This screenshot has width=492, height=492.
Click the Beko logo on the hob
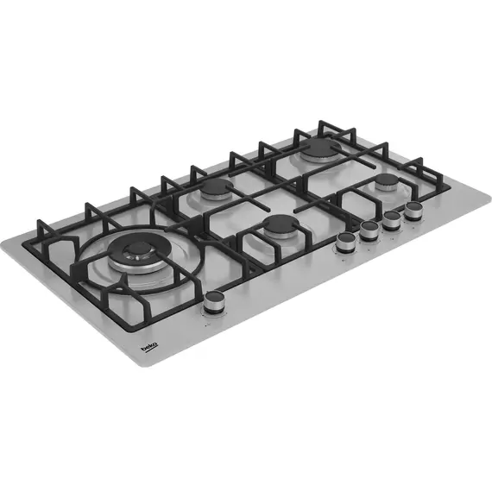point(149,347)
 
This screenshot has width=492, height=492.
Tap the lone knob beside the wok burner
point(215,301)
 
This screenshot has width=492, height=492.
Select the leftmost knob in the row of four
point(346,243)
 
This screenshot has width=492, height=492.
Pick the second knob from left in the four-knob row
point(369,230)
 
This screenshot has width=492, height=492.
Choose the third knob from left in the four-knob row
point(392,220)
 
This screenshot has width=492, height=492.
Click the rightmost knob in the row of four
point(413,211)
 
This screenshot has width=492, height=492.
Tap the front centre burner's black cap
point(281,224)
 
